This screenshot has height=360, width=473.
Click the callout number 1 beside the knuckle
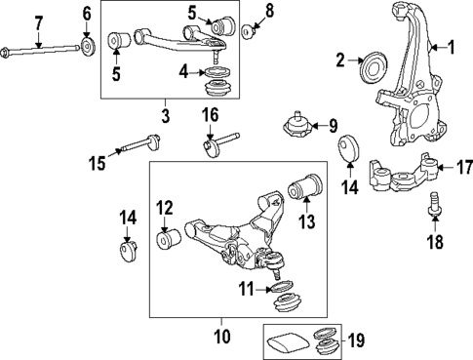point(451,47)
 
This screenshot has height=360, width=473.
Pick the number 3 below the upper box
point(163,116)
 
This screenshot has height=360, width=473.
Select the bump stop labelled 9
point(296,127)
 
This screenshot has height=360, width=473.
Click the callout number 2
point(340,61)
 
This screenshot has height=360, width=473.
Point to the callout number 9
point(332,125)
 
